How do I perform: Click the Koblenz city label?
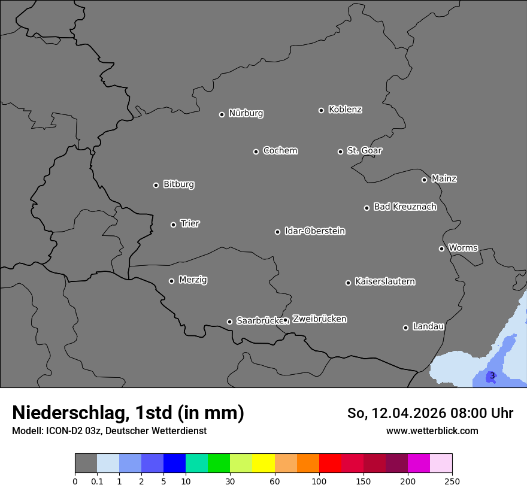345,110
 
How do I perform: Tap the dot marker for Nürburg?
222,114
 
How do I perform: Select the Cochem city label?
280,150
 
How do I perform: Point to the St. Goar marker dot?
340,151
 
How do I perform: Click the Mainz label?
444,178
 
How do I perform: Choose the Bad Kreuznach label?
405,207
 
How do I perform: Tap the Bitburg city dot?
156,185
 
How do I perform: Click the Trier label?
190,223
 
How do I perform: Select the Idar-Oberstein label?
314,231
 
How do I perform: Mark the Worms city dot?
441,249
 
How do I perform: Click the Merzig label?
193,280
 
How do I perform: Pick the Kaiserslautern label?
384,281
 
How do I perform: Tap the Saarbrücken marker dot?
229,322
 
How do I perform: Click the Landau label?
428,326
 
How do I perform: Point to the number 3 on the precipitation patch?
492,375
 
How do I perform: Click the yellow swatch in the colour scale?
263,463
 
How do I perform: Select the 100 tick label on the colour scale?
319,481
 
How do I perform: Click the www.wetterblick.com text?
432,431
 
